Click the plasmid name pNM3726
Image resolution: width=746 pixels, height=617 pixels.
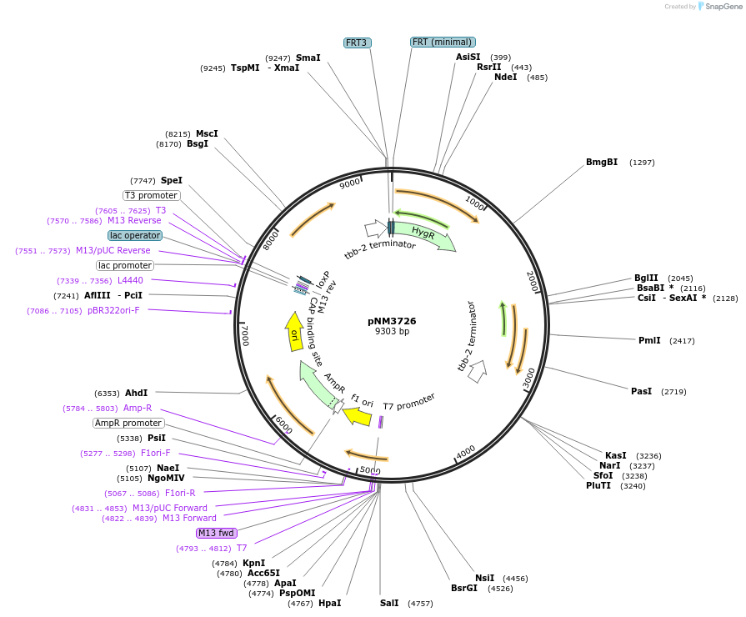(x=392, y=320)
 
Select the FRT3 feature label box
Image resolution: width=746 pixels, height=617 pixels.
(x=358, y=43)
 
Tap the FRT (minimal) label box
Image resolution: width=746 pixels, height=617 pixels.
(x=443, y=42)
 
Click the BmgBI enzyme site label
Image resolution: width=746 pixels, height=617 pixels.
(x=602, y=162)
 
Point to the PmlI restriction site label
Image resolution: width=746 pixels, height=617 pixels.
(x=649, y=340)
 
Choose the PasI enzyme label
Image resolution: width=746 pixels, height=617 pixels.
(x=641, y=391)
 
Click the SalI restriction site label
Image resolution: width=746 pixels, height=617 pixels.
(x=389, y=603)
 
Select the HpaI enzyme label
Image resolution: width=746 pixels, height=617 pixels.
(x=330, y=603)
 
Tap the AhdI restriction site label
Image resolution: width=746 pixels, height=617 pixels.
(x=136, y=393)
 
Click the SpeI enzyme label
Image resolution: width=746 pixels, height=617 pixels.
(x=172, y=180)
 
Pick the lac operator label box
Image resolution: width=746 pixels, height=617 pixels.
(x=135, y=236)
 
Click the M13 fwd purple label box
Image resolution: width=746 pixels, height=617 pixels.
(x=216, y=533)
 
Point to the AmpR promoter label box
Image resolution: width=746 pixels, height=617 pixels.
(x=128, y=424)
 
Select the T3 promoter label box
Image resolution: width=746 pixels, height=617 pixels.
(x=151, y=195)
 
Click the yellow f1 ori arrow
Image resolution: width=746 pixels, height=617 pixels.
(x=357, y=414)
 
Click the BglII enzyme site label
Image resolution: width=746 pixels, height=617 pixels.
(x=646, y=278)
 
